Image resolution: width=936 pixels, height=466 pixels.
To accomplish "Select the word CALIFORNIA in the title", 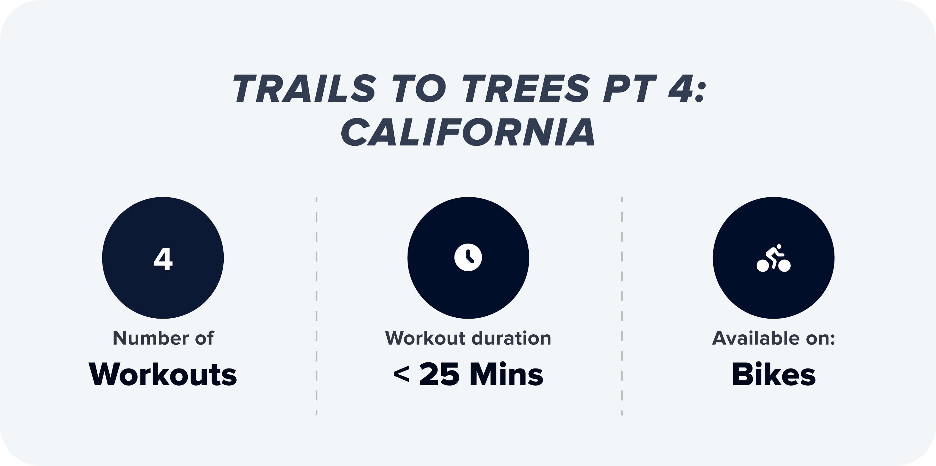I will (468, 132).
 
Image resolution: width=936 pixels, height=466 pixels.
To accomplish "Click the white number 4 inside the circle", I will (163, 259).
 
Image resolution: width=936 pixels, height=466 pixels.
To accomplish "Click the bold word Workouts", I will (163, 375).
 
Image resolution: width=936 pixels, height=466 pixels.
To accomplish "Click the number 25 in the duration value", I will (439, 375).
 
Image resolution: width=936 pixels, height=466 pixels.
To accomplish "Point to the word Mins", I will (507, 375).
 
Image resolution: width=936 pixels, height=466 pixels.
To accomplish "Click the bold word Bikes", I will (774, 375).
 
